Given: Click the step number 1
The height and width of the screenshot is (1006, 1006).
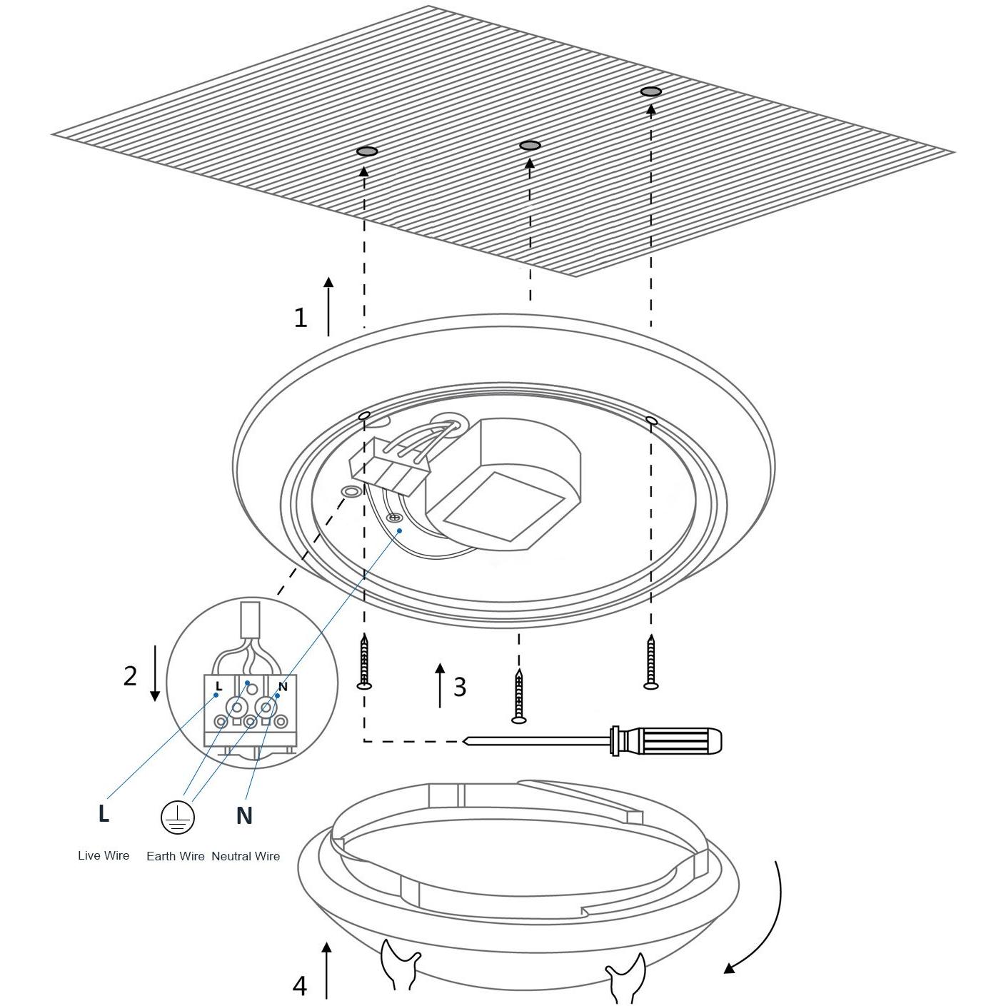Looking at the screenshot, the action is click(x=300, y=318).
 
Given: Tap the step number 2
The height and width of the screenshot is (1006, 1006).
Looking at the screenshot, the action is click(x=130, y=675).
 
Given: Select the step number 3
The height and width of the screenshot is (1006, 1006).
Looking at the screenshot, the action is click(x=459, y=687).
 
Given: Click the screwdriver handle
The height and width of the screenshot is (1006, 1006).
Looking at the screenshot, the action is click(x=667, y=740).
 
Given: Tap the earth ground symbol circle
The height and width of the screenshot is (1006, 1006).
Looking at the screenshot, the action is click(x=178, y=817).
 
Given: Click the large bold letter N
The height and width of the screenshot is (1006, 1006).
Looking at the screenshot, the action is click(x=243, y=815).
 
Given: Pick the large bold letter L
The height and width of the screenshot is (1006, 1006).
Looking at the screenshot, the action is click(x=104, y=813).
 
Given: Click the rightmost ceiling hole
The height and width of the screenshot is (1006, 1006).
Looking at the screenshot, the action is click(x=651, y=92).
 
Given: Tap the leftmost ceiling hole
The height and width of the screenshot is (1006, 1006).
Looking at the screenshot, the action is click(x=367, y=152).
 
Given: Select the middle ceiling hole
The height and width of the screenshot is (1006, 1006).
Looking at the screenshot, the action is click(x=530, y=145).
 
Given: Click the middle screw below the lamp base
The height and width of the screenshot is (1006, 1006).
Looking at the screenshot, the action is click(x=518, y=696).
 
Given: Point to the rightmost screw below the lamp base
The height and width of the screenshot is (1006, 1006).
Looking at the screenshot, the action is click(x=650, y=661).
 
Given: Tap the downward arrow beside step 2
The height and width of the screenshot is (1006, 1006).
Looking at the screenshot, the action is click(x=155, y=673).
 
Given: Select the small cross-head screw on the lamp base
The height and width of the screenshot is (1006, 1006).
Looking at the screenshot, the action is click(x=396, y=518).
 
